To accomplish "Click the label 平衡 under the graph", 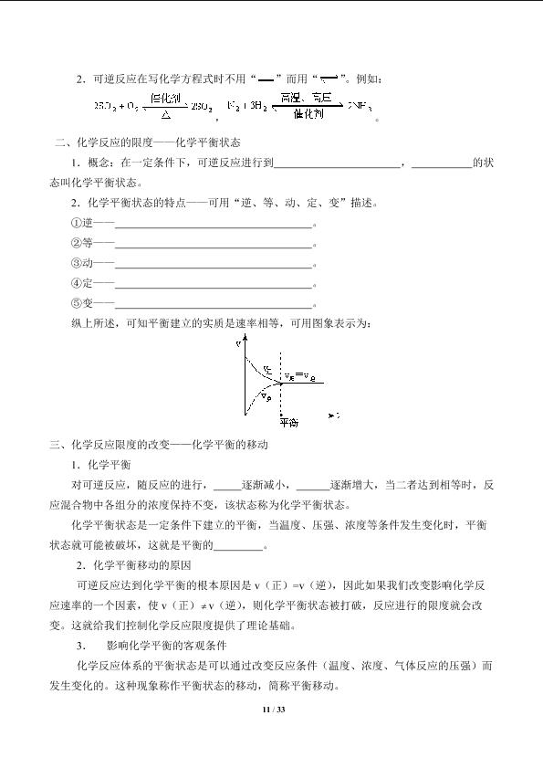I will pyautogui.click(x=288, y=423).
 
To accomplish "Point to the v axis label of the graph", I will pyautogui.click(x=238, y=343).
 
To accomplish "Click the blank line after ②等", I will pyautogui.click(x=214, y=244).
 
